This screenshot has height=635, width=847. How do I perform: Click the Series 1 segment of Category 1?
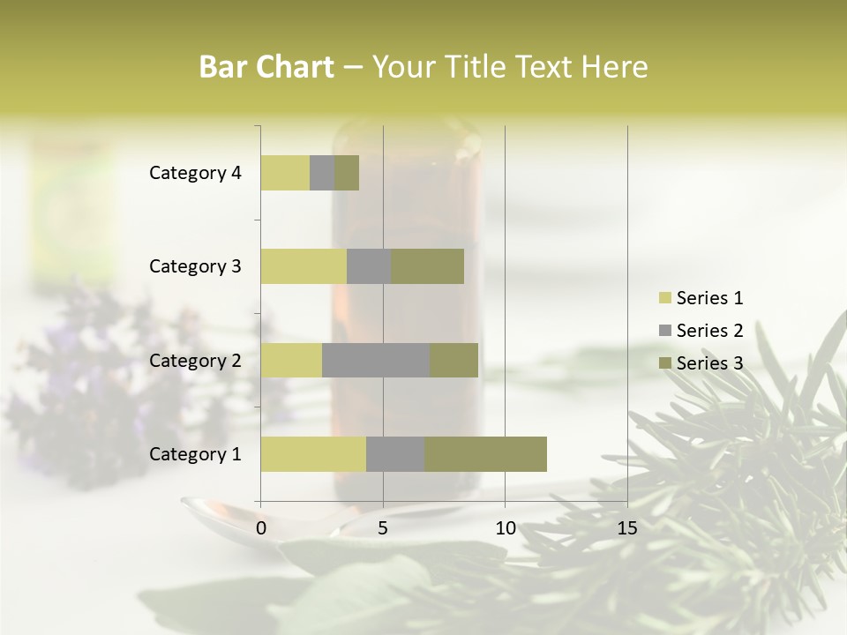[x=313, y=454]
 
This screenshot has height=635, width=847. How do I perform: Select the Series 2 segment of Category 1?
[x=395, y=454]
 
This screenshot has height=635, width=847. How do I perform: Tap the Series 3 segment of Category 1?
[x=485, y=454]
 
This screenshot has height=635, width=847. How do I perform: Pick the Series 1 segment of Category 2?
[x=291, y=360]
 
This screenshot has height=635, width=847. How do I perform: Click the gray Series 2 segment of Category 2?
[x=376, y=360]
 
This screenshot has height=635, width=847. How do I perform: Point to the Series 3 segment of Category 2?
[x=453, y=360]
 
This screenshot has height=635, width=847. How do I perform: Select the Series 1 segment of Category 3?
[x=304, y=266]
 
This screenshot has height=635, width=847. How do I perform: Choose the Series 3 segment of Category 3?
[x=427, y=266]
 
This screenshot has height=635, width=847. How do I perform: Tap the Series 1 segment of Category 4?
[x=285, y=173]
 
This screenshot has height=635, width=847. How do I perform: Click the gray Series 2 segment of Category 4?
[x=322, y=173]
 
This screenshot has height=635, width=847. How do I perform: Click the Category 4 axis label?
[x=195, y=173]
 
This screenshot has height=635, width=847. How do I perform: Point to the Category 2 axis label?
[x=195, y=360]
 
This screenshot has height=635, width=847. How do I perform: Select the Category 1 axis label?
[x=195, y=454]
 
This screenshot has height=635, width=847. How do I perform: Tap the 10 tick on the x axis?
[x=505, y=528]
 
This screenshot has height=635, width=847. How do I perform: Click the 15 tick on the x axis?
[x=627, y=528]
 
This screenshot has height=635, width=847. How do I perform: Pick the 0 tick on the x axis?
[x=261, y=528]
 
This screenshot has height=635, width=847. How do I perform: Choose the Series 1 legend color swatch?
[x=664, y=298]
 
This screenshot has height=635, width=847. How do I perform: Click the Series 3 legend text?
[x=709, y=363]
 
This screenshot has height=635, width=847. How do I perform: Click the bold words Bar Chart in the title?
[x=266, y=67]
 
